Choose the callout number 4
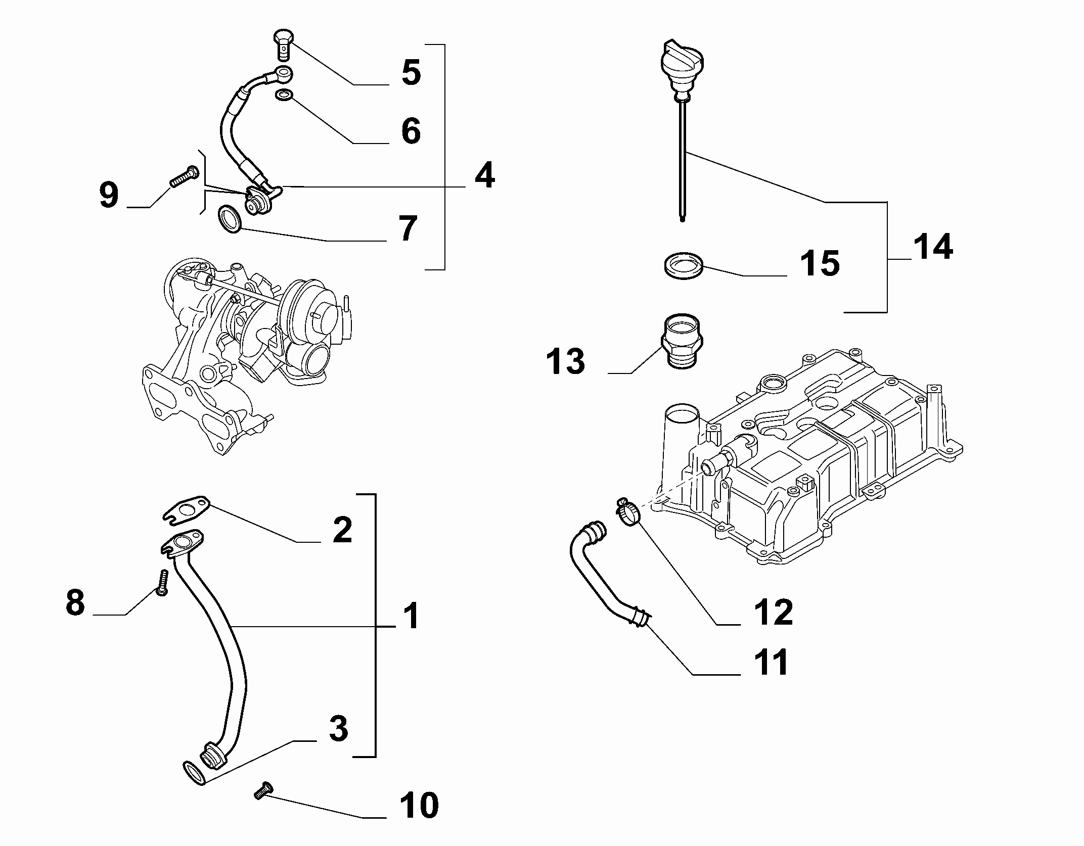[x=484, y=175]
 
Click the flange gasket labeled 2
[x=187, y=509]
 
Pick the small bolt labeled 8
[x=162, y=583]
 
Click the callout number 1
[x=412, y=616]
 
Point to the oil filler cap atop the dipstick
[x=683, y=66]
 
